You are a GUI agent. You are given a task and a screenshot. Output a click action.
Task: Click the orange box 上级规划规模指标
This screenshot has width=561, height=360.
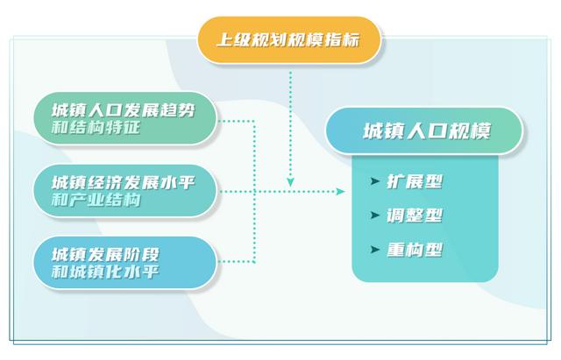click(289, 40)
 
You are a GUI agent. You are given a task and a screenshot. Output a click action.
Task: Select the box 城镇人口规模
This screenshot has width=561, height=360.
click(424, 131)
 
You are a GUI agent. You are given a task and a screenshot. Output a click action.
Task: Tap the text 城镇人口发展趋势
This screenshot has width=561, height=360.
click(124, 110)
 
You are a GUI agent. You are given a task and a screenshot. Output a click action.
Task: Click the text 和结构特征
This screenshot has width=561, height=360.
click(96, 127)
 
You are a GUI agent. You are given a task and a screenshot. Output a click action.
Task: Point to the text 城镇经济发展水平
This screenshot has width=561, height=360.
click(124, 183)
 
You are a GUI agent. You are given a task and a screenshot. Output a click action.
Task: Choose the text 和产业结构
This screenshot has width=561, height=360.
click(96, 200)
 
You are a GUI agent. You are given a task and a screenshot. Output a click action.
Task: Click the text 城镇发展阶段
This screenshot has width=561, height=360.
click(105, 255)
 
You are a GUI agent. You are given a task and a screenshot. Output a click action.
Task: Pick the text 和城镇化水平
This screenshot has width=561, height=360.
click(105, 272)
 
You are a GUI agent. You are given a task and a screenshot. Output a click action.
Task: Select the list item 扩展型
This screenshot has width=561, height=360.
click(415, 181)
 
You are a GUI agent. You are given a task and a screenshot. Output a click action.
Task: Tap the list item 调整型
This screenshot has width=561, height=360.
click(415, 215)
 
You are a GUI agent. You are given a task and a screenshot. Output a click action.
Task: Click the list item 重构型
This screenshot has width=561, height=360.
click(415, 250)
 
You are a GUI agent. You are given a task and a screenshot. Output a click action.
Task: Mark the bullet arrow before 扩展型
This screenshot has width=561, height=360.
click(374, 181)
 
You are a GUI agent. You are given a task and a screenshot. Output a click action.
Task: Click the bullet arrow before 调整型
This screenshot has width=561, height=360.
click(374, 215)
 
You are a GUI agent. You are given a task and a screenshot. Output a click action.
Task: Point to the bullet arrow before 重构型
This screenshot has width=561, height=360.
click(374, 249)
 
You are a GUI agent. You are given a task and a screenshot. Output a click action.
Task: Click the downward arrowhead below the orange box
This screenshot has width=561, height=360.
click(290, 182)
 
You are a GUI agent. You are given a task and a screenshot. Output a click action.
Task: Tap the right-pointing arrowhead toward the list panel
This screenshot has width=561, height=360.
click(340, 192)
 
